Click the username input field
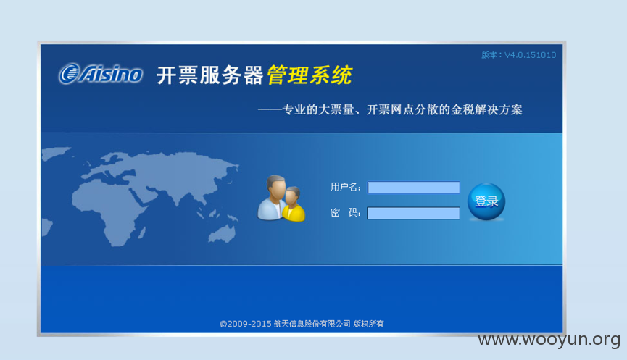point(413,188)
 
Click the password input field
point(413,213)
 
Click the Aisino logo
point(101,74)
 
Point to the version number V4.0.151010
point(530,55)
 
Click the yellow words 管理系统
point(310,75)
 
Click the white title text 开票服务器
point(210,75)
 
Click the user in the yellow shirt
point(294,204)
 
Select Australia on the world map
point(223,234)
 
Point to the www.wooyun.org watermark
point(549,340)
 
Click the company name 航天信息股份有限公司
point(312,324)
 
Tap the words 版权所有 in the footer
point(368,324)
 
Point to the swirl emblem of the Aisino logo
point(69,74)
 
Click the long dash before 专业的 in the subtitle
point(270,109)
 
